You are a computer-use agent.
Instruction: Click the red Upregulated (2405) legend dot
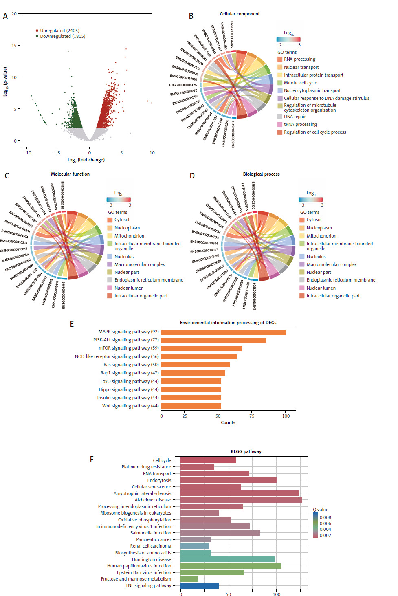37,31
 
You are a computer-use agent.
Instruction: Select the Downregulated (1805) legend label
63,36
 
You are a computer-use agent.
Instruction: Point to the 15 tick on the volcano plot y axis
14,46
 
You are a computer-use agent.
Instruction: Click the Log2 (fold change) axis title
86,160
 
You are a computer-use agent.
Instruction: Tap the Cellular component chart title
240,14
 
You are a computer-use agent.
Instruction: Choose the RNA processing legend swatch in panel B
280,59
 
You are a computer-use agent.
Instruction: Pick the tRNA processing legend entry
300,125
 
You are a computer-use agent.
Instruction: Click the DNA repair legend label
295,117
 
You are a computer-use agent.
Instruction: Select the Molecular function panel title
70,174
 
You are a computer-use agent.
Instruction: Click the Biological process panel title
261,174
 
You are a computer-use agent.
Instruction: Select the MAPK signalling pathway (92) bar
223,332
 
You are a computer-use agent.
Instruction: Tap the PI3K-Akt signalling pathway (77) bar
213,340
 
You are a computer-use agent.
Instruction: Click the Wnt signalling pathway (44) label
130,406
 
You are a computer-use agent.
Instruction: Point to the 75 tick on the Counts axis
252,416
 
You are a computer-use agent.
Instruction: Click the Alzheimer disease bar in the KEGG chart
241,500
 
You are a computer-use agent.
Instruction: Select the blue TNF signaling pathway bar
200,586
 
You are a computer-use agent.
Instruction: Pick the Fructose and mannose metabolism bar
189,579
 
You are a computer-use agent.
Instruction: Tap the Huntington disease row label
152,559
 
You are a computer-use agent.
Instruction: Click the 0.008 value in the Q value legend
325,517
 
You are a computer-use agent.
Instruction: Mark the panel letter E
72,324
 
